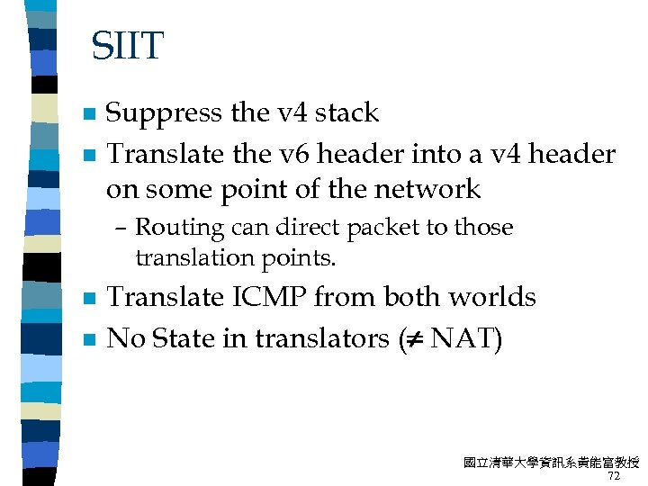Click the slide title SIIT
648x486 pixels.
tap(128, 46)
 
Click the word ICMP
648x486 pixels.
tap(273, 298)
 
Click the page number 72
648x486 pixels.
tap(615, 476)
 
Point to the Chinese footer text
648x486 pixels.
tap(550, 463)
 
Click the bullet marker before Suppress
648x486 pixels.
tap(88, 115)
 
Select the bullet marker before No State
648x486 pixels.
tap(88, 340)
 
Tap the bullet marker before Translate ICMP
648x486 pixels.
tap(88, 299)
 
